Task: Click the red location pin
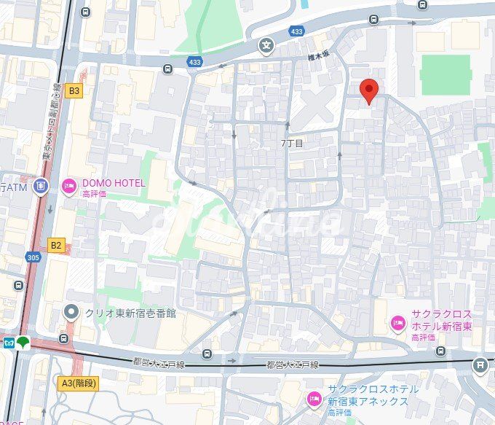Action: [370, 91]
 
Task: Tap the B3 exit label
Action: [74, 91]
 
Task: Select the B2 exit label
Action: [56, 245]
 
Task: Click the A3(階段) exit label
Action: [76, 382]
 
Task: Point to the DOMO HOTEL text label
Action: [114, 183]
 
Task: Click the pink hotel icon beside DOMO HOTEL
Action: [70, 186]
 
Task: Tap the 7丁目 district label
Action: [292, 144]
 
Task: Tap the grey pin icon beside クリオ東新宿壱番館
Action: [71, 313]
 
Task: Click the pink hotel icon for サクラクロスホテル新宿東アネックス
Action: [314, 398]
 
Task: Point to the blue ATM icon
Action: [40, 186]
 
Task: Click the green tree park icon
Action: [25, 341]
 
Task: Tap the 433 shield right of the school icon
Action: [296, 32]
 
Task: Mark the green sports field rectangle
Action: [445, 74]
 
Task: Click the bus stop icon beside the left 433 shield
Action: [169, 69]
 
